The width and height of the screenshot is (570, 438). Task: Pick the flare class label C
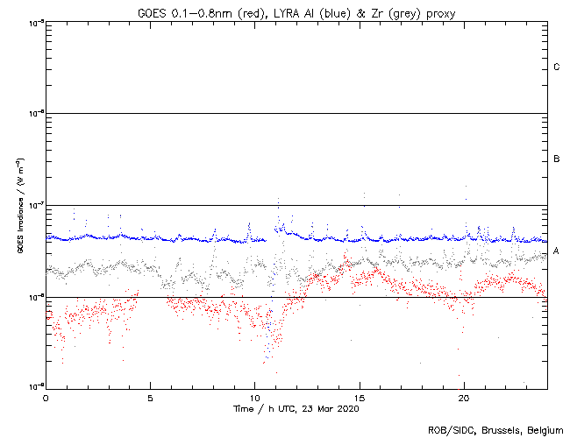click(557, 67)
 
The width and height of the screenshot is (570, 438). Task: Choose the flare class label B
click(557, 159)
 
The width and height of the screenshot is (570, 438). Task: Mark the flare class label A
click(557, 251)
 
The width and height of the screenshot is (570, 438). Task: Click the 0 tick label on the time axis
click(46, 397)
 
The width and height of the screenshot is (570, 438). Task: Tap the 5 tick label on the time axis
click(150, 397)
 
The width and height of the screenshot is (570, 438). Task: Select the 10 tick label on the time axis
click(254, 397)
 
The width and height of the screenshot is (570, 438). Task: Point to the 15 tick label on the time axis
click(359, 397)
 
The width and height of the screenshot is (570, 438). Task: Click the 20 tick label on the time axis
click(463, 397)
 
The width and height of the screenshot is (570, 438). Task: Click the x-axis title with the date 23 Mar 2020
click(296, 408)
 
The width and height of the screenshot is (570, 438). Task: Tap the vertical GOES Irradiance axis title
click(18, 205)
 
